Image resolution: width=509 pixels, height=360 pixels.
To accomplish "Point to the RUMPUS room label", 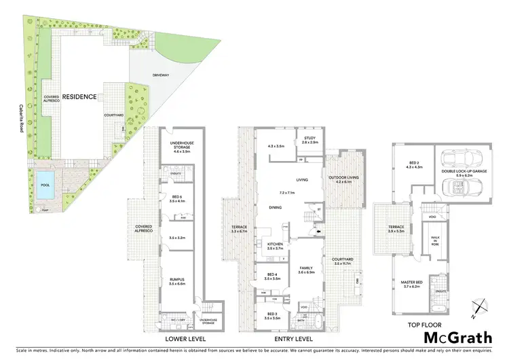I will tap(178, 279).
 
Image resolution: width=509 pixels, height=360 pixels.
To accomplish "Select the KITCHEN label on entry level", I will tap(274, 244).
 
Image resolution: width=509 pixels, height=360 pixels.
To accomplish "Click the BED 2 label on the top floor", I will tap(414, 163).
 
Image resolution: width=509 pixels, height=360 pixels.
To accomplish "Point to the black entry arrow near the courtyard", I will tap(320, 231).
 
